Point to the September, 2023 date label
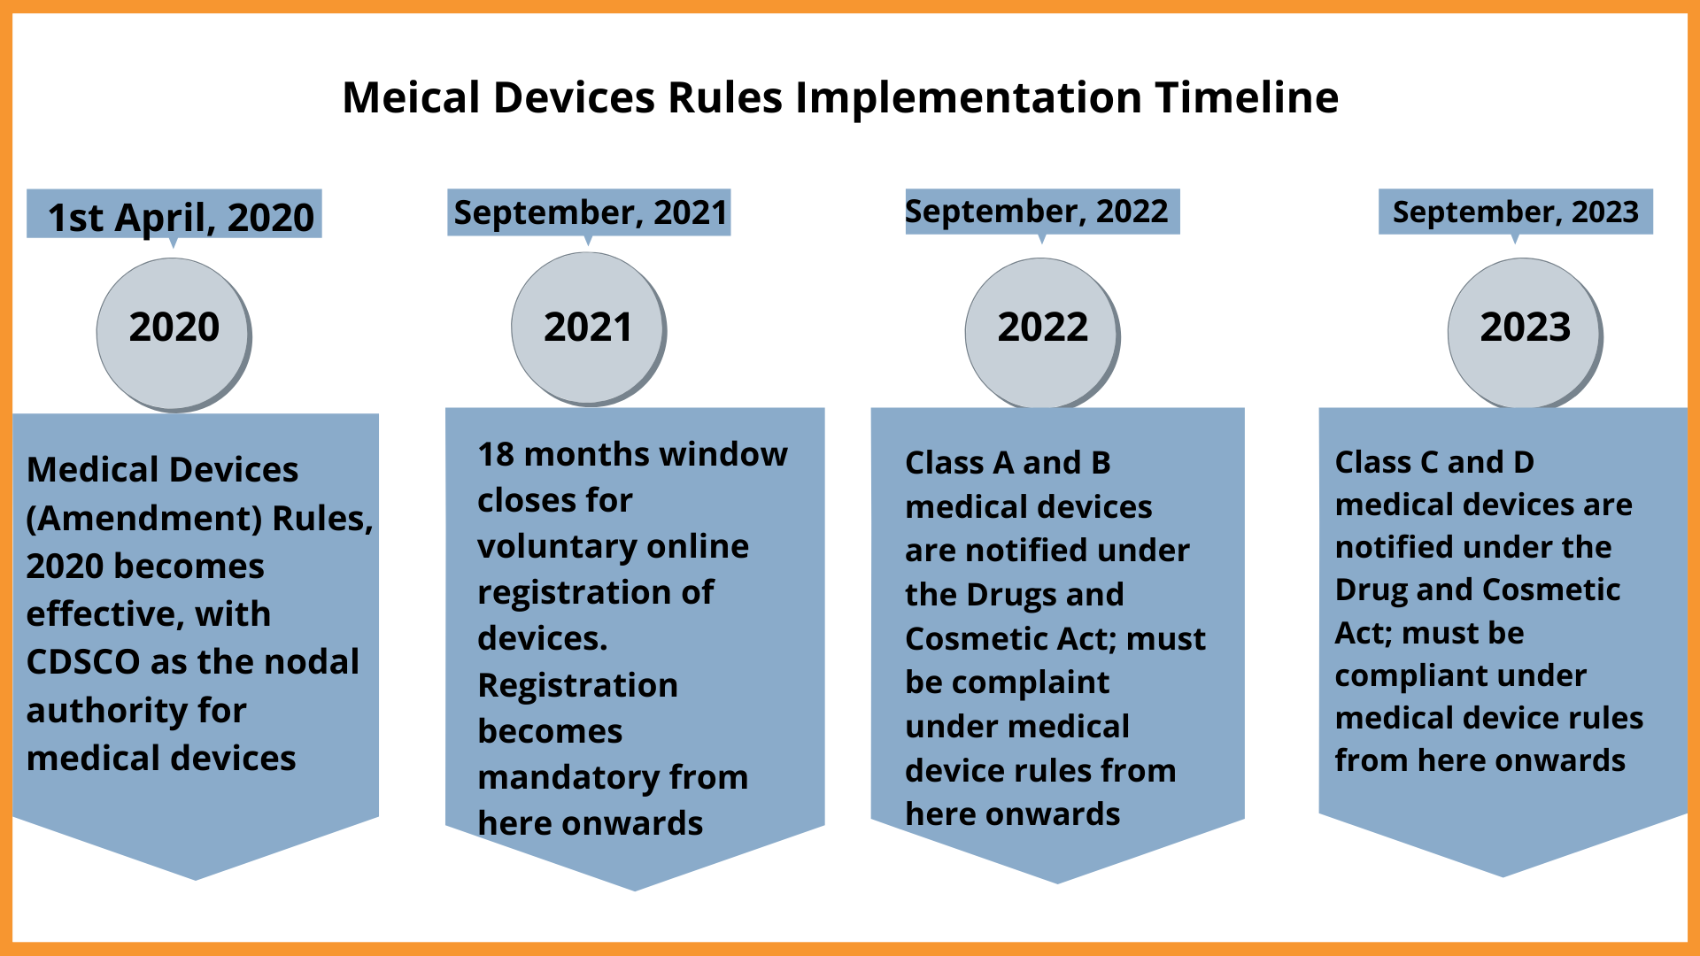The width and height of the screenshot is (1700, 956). [x=1516, y=212]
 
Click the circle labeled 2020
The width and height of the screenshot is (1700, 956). [x=174, y=335]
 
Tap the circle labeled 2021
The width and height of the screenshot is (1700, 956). [x=589, y=329]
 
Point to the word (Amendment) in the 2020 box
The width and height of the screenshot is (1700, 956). [x=144, y=519]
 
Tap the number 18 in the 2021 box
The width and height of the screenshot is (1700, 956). [x=496, y=454]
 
